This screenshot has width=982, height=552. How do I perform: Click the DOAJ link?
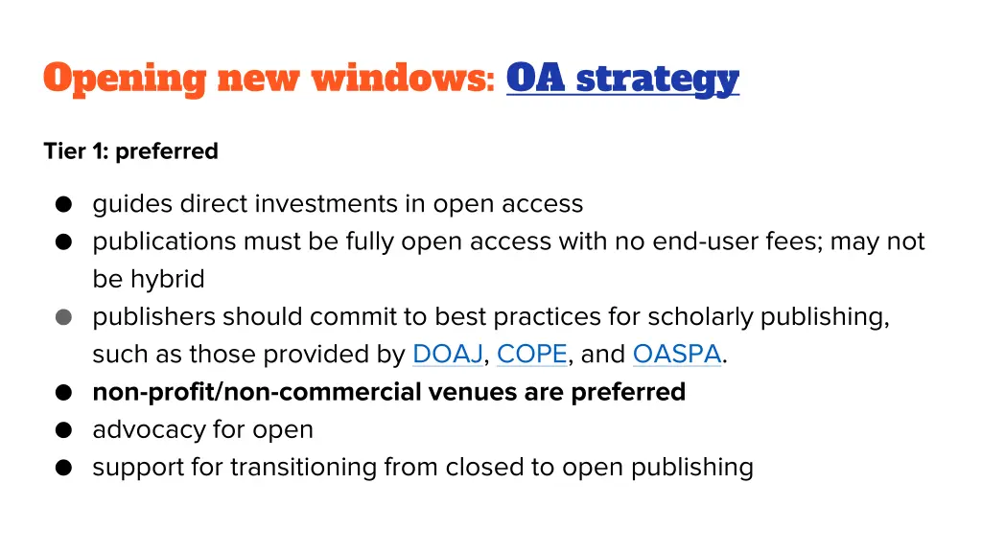tap(447, 355)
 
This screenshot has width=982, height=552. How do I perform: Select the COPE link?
tap(532, 355)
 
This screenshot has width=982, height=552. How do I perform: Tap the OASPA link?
tap(676, 355)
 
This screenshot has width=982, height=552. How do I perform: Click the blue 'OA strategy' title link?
tap(622, 79)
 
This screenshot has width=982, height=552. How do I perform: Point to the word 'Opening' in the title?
tap(125, 79)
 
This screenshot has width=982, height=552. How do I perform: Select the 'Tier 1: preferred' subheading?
tap(130, 151)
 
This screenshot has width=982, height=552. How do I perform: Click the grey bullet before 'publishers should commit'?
tap(63, 317)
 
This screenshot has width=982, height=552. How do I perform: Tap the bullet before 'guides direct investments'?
tap(63, 204)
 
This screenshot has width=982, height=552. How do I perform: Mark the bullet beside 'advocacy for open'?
tap(63, 430)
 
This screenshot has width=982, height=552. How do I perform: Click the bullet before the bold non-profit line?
tap(63, 392)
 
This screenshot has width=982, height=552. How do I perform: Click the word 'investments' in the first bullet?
tap(348, 204)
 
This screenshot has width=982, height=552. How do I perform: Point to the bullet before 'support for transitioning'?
tap(63, 468)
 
